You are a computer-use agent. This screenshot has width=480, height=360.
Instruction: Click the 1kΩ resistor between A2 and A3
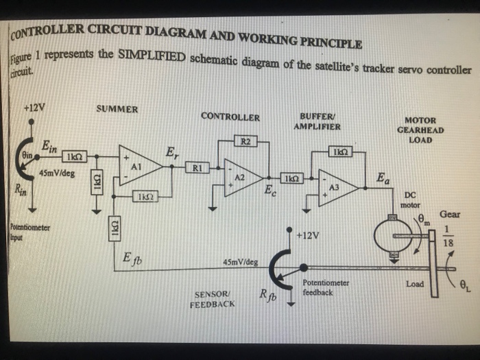coord(291,178)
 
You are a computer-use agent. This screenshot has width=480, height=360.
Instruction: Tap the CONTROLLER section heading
coord(230,117)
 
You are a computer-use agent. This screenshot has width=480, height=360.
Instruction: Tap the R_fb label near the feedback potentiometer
coord(268,296)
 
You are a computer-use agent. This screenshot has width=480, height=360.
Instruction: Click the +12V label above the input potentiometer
coord(34,108)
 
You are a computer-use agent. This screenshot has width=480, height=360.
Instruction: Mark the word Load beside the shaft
coord(415,283)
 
